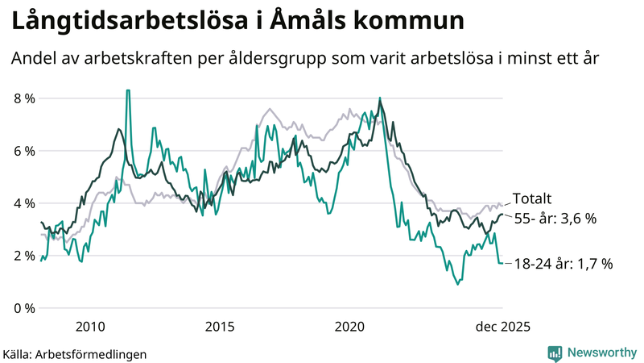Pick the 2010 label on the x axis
coord(90,327)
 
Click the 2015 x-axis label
coord(220,327)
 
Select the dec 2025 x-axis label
coord(502,327)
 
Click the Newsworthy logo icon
coord(555,353)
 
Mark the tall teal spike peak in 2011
coord(127,91)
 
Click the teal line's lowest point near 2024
coord(458,284)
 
